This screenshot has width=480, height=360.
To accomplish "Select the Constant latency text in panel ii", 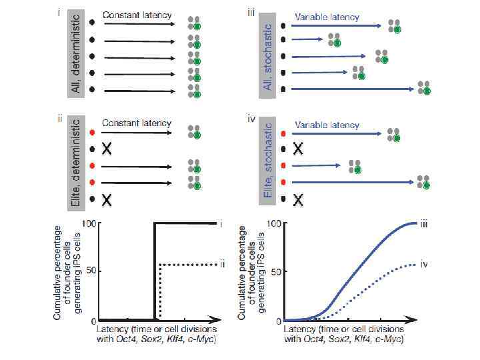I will point(137,123).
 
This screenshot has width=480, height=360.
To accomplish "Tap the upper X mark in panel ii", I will point(105,149).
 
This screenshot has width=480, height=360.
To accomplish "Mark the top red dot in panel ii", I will point(91,133).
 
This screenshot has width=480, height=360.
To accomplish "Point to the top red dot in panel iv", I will point(284,134).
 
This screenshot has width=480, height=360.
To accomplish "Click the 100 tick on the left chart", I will point(91,223).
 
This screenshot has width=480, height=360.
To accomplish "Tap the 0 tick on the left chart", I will point(94,320).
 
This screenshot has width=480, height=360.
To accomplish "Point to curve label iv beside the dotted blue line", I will point(423,265).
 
